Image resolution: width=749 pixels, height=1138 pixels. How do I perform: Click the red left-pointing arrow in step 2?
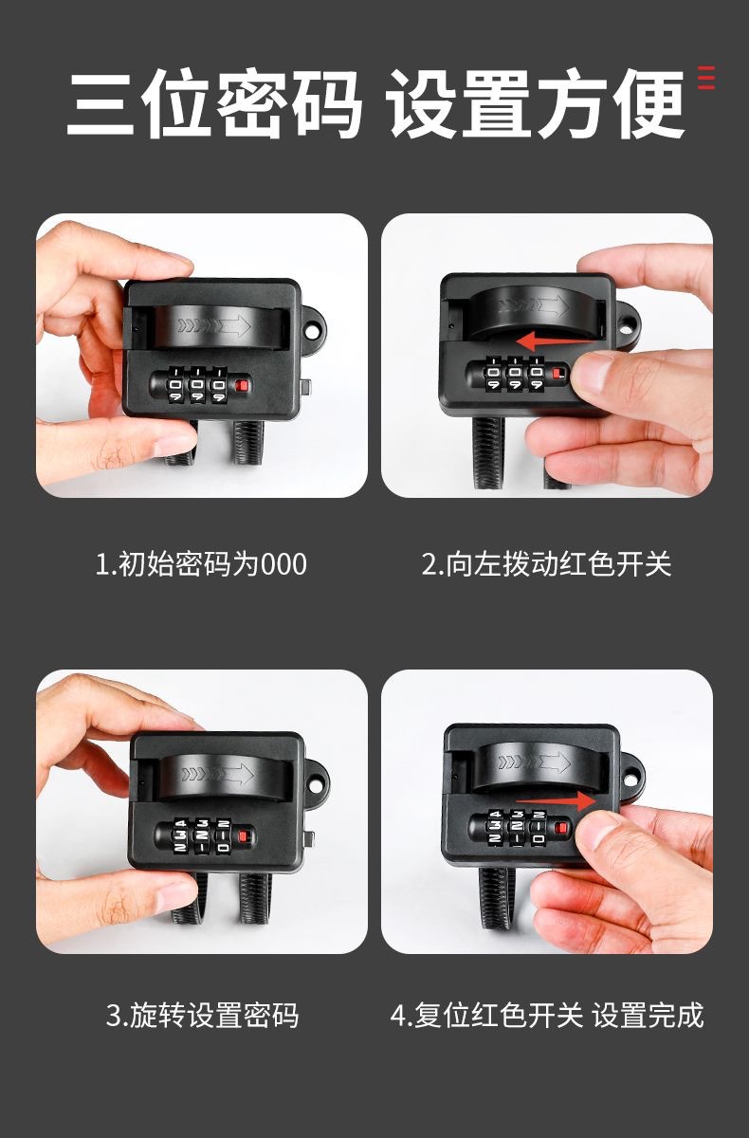[555, 340]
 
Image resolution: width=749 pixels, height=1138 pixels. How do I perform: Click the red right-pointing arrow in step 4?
[556, 800]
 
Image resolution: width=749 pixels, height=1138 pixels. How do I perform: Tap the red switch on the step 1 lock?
[243, 385]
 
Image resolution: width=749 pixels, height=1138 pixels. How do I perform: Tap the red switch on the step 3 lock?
[247, 836]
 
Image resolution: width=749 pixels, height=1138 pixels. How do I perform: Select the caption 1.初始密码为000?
[201, 564]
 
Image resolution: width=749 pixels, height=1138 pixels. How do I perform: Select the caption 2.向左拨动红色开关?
[546, 564]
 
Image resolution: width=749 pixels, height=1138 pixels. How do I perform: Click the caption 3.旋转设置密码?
[202, 1016]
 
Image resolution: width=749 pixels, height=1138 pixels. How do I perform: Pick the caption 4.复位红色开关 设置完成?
[547, 1016]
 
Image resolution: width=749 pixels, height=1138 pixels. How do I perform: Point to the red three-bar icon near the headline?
[706, 78]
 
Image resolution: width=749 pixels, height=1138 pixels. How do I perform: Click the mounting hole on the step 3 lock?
[316, 786]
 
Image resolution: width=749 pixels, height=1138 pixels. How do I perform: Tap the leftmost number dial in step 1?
[174, 386]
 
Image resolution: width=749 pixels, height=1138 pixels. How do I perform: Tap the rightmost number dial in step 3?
[223, 835]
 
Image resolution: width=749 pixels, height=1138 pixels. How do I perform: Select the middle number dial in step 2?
[515, 374]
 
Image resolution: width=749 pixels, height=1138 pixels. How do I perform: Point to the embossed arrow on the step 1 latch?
[214, 325]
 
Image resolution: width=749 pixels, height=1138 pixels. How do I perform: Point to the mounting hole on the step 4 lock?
[631, 779]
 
